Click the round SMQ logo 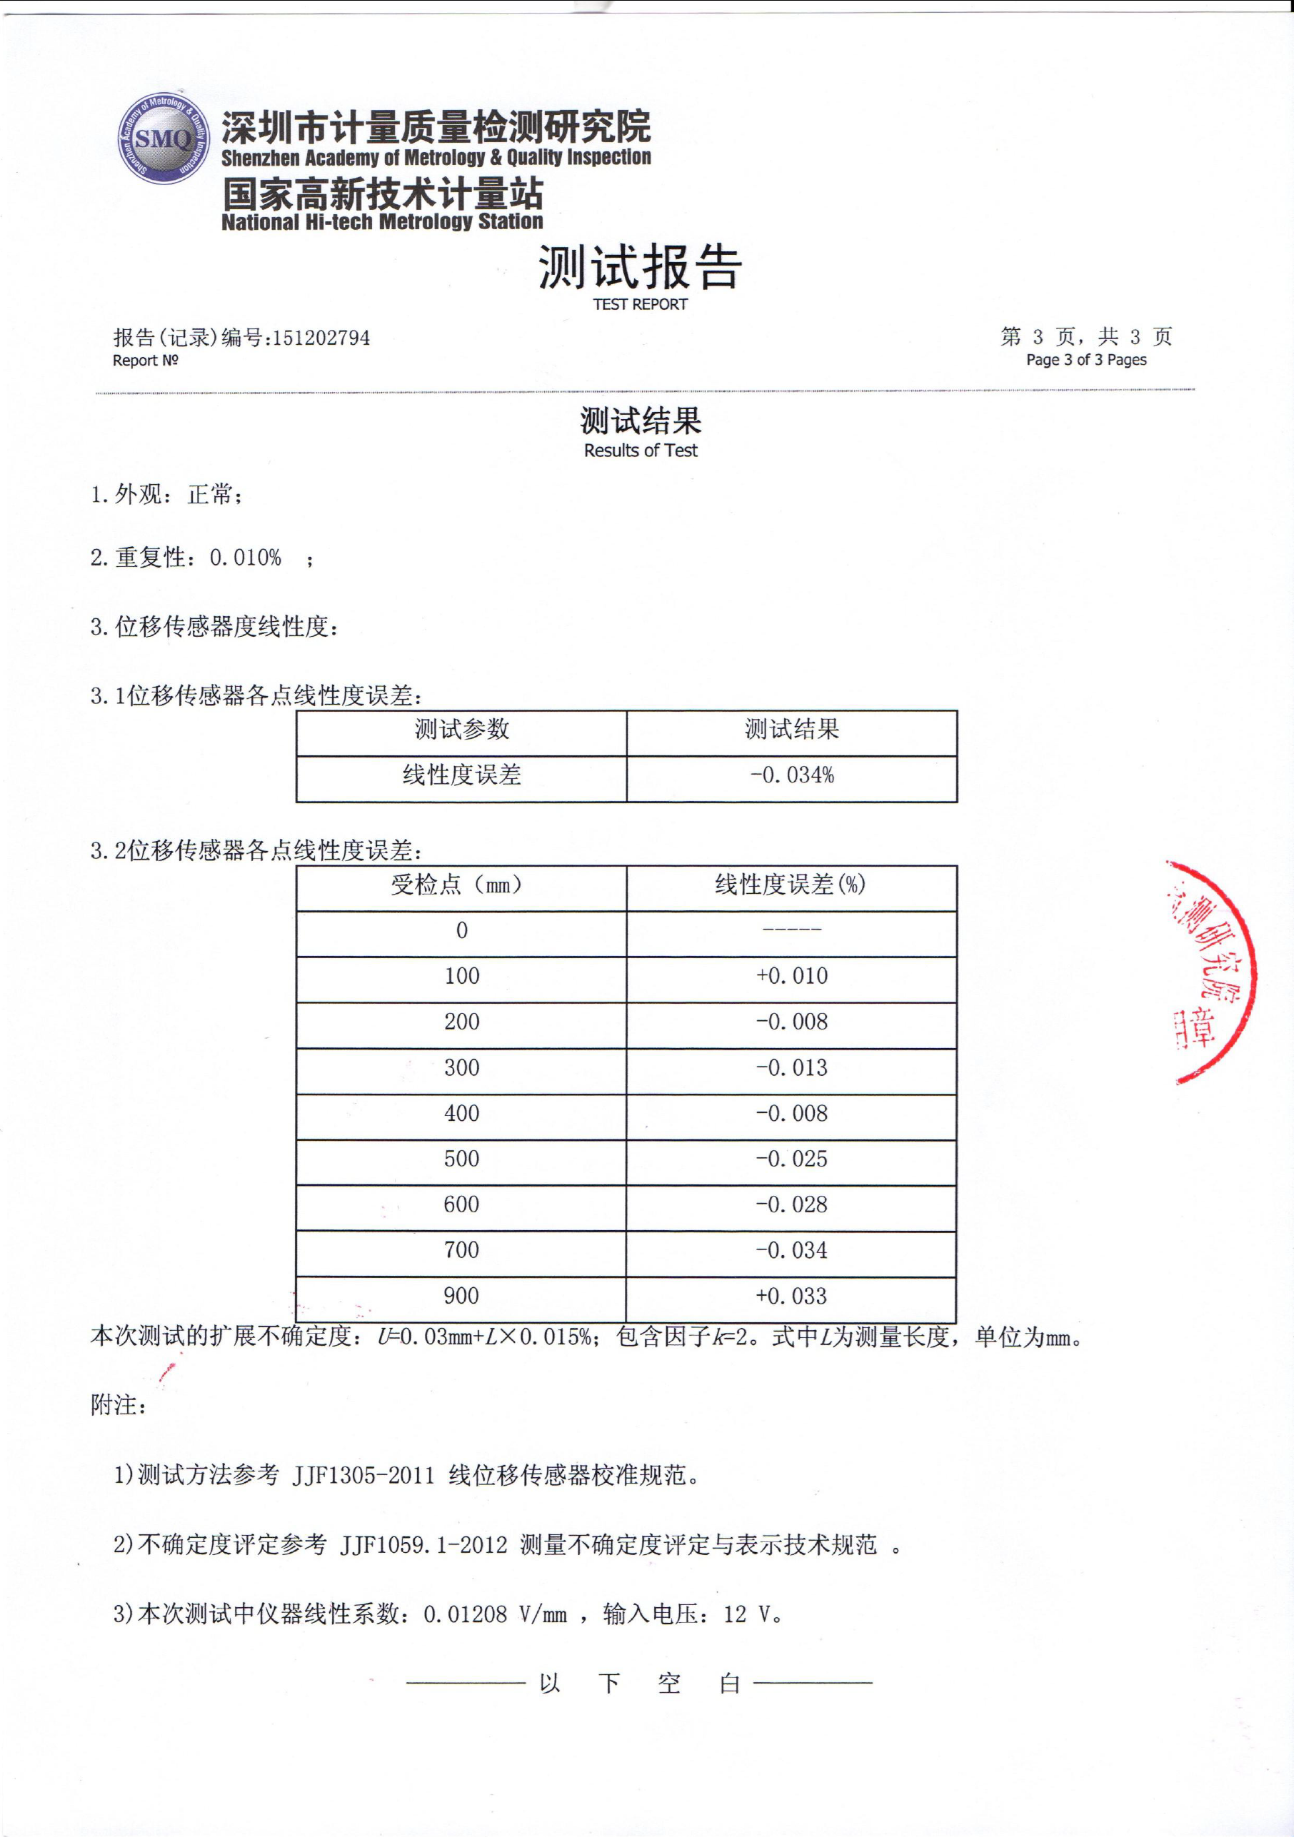[164, 139]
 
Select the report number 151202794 [321, 338]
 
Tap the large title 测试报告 [640, 267]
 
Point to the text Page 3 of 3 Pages [1086, 360]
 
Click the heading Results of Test [640, 451]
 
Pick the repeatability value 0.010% [246, 558]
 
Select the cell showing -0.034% [791, 775]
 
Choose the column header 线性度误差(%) [791, 885]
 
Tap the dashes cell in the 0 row [791, 930]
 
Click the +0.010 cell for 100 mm [791, 976]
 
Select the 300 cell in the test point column [462, 1067]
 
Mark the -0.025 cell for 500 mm [791, 1159]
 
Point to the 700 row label [462, 1249]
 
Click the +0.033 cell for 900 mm [791, 1296]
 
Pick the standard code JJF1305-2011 [363, 1475]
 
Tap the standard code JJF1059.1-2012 [424, 1545]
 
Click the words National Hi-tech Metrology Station [382, 221]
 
